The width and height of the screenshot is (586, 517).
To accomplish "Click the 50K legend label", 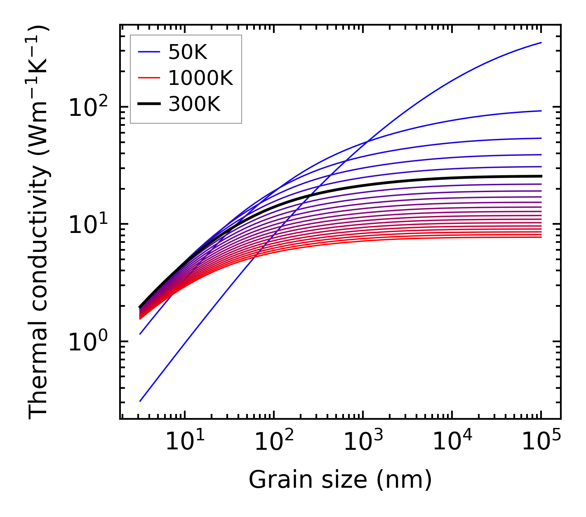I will point(188,52).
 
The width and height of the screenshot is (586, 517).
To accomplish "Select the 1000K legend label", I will point(200,78).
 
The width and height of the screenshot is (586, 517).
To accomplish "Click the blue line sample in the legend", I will point(148,52).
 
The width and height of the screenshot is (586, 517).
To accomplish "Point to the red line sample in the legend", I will point(148,78).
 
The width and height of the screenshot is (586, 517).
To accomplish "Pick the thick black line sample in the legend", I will point(148,104).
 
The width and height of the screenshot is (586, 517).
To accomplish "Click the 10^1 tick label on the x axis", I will point(184,443).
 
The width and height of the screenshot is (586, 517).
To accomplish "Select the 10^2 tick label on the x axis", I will point(273,443).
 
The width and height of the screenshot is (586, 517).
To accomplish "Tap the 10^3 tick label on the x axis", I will point(363,443).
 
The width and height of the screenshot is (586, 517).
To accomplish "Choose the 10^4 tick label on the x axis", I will point(452,443).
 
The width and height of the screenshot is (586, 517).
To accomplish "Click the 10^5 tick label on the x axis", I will point(541,443).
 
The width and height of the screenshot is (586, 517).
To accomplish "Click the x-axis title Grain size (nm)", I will point(340,480).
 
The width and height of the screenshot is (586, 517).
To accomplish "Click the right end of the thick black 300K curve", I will point(541,176).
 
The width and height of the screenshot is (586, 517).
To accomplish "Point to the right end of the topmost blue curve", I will point(541,42).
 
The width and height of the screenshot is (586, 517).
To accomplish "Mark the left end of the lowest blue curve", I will point(140,401).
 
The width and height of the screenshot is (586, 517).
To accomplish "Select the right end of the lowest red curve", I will point(541,237).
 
